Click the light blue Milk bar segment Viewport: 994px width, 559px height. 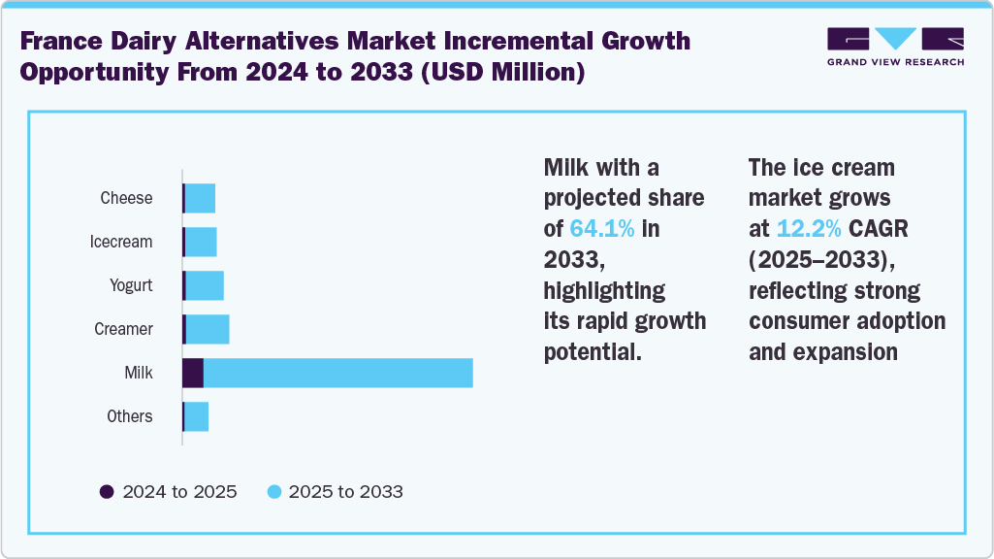[337, 373]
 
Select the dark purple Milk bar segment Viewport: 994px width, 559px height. [193, 373]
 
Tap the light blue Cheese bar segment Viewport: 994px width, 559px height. [200, 198]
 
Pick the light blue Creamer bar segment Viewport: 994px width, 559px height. [207, 329]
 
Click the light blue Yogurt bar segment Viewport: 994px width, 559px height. [204, 285]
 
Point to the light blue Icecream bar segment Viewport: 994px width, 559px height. [201, 242]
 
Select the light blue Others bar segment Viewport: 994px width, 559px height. [196, 416]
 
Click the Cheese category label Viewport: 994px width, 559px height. [126, 198]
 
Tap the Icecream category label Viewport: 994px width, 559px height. [121, 242]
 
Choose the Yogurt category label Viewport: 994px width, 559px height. [131, 285]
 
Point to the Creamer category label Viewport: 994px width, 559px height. [123, 329]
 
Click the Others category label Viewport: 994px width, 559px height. [129, 416]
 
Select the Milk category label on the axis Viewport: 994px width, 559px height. [139, 373]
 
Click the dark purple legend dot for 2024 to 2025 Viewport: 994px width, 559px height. [108, 491]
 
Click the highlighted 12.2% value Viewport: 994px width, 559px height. [809, 229]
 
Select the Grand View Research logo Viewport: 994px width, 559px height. [895, 47]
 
